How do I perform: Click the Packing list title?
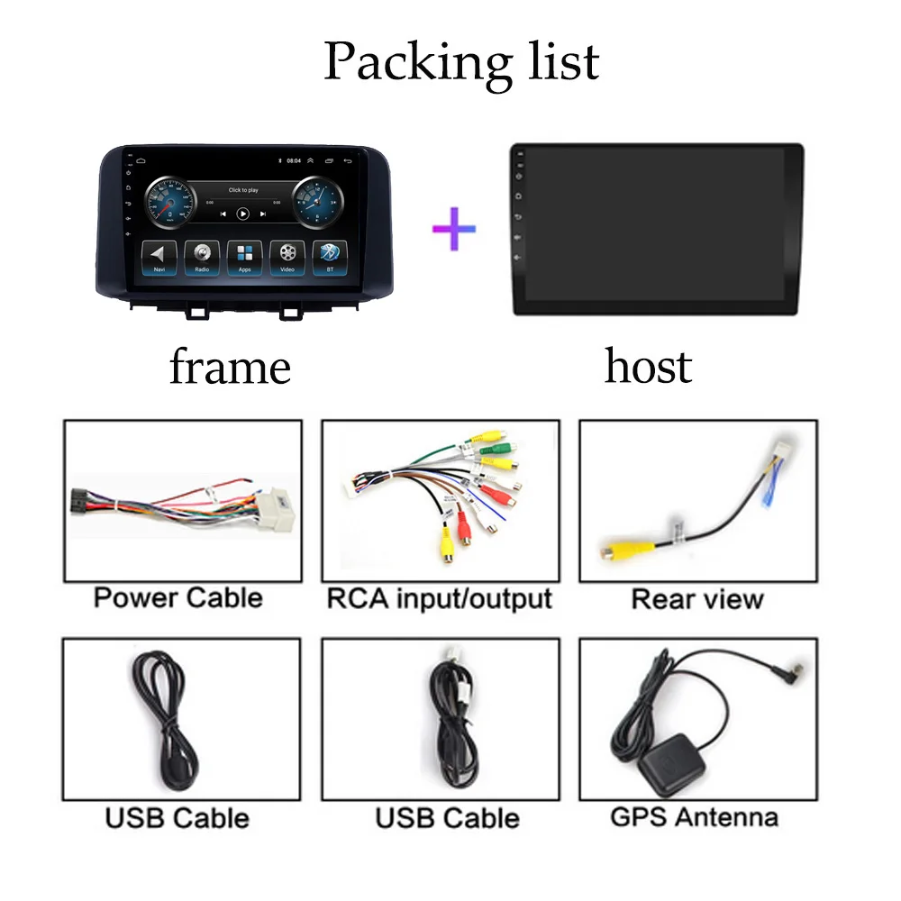460,62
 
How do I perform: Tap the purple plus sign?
454,228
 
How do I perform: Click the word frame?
230,367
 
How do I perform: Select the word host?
648,367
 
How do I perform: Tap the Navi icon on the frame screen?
159,256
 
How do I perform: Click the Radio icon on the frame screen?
202,256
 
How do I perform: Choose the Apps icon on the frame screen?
244,256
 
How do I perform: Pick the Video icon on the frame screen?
287,256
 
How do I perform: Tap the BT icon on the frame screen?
329,256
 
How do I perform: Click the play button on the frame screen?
242,214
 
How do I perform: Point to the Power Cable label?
177,597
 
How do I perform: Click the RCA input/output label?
439,597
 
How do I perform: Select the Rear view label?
696,599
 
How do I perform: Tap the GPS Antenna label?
694,817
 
